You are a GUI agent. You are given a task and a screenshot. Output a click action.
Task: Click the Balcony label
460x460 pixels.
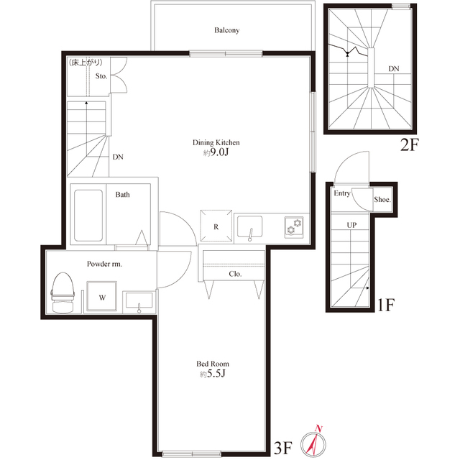tap(227, 30)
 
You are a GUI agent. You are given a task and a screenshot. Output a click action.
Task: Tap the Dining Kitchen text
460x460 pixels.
tap(216, 142)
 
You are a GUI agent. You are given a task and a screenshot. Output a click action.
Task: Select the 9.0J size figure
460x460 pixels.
tap(219, 152)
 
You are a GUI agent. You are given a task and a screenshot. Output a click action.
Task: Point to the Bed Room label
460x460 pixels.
tap(213, 364)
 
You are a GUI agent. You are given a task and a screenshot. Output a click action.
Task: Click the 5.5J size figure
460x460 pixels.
tap(216, 374)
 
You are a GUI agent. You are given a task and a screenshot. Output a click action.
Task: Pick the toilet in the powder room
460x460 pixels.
tap(63, 293)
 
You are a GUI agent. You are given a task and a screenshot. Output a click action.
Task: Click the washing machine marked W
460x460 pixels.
tap(102, 297)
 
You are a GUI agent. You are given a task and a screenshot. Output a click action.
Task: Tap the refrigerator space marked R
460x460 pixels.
tap(216, 226)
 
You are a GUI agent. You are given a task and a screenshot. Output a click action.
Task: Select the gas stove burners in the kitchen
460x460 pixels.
tap(294, 227)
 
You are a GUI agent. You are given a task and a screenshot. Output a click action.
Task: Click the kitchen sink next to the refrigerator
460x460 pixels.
tap(250, 227)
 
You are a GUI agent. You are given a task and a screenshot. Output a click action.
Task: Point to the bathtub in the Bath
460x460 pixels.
tap(88, 216)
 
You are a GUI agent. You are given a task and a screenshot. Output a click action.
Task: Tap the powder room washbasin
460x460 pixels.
tap(139, 301)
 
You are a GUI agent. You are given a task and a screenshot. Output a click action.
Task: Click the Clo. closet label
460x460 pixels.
tap(235, 274)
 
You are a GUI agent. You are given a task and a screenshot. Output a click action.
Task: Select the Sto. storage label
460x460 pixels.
tap(101, 76)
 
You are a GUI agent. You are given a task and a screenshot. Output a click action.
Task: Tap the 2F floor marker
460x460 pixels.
tap(410, 144)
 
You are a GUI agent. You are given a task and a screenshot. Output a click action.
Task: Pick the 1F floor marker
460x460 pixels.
tap(386, 305)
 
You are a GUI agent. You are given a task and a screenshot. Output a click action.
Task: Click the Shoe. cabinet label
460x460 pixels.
tap(382, 200)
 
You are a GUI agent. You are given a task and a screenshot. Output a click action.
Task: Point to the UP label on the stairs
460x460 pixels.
tap(351, 225)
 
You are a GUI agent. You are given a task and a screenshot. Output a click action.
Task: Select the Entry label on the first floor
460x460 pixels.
tap(342, 193)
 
